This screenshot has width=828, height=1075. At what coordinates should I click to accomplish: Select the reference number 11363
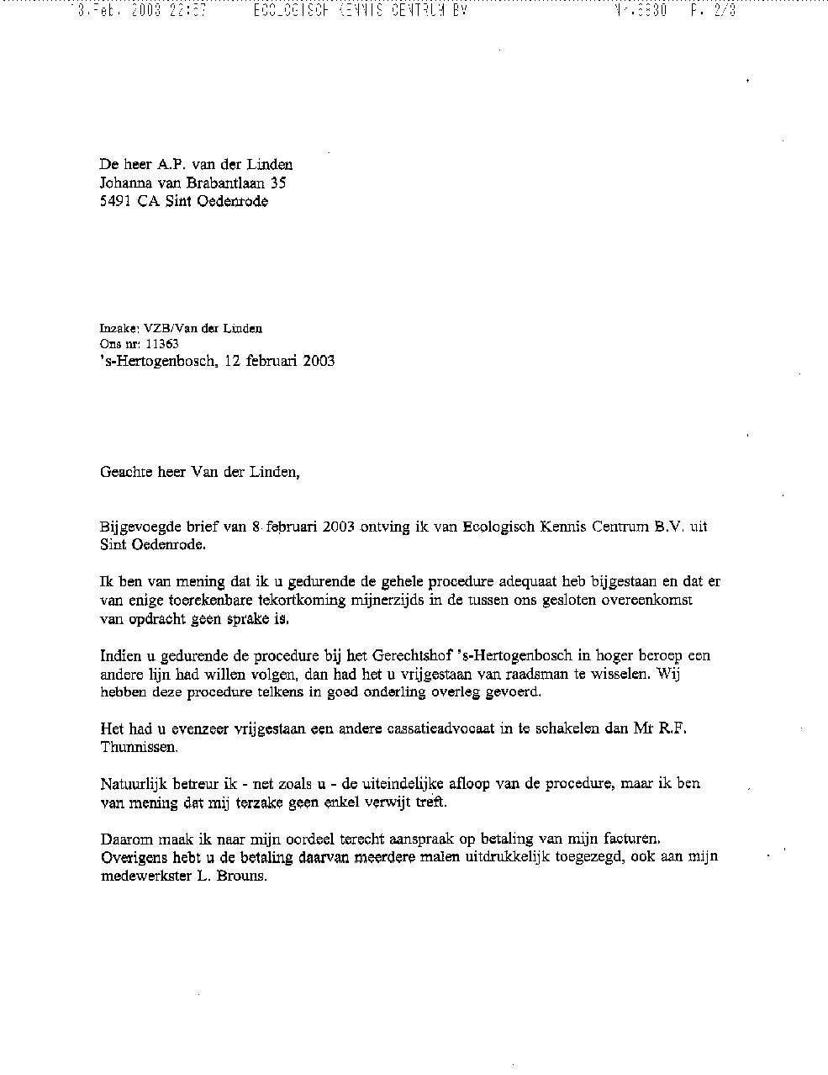click(162, 344)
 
